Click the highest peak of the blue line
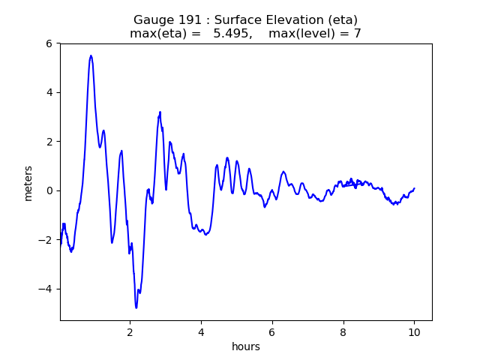pyautogui.click(x=91, y=55)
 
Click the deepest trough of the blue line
pyautogui.click(x=136, y=307)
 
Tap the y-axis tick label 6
pyautogui.click(x=49, y=43)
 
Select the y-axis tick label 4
pyautogui.click(x=49, y=92)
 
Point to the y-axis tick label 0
pyautogui.click(x=49, y=190)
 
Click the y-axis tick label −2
pyautogui.click(x=46, y=240)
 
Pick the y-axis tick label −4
pyautogui.click(x=46, y=289)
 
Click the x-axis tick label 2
pyautogui.click(x=130, y=331)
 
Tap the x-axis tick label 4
pyautogui.click(x=201, y=331)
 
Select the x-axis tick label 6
pyautogui.click(x=272, y=331)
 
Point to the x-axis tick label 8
pyautogui.click(x=343, y=331)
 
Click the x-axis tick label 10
pyautogui.click(x=414, y=331)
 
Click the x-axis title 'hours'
pyautogui.click(x=246, y=346)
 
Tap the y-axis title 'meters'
pyautogui.click(x=28, y=183)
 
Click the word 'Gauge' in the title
pyautogui.click(x=152, y=20)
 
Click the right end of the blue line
pyautogui.click(x=414, y=188)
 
